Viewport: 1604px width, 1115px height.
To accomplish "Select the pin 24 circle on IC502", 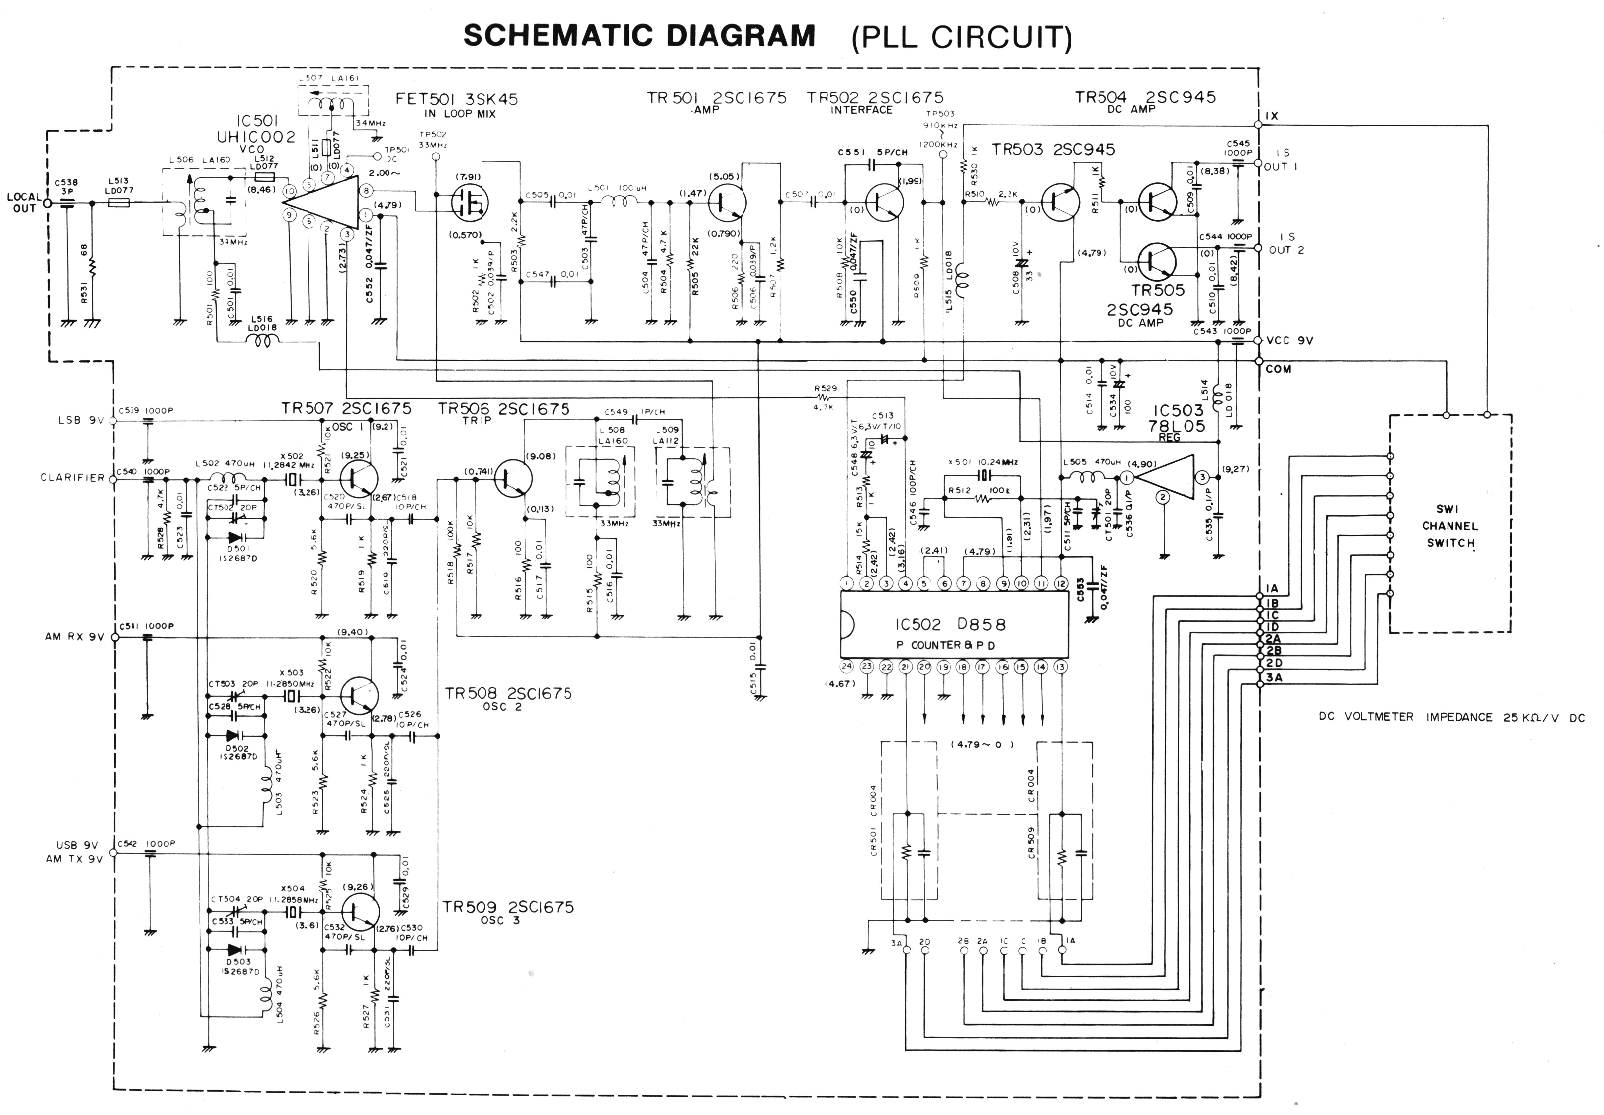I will click(x=847, y=666).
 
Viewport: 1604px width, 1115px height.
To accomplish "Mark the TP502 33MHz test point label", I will click(x=433, y=139).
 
